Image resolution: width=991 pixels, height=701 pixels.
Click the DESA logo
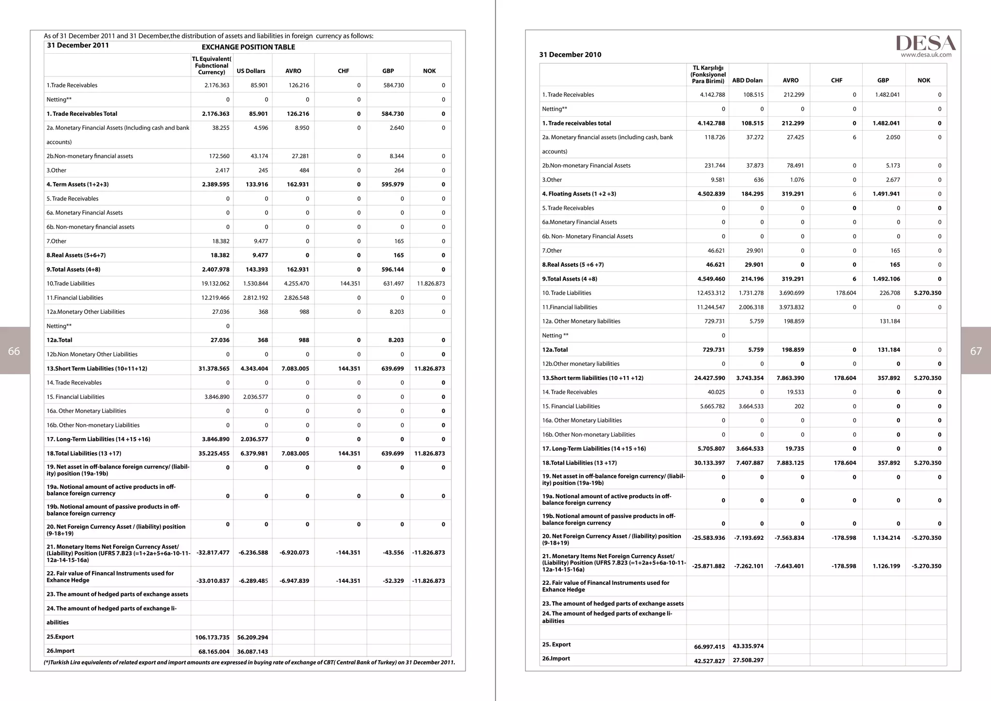[925, 43]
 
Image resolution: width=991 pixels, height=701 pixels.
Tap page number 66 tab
[15, 351]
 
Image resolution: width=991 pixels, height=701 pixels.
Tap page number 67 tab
[976, 351]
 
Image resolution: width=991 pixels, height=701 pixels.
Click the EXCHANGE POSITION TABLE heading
[248, 47]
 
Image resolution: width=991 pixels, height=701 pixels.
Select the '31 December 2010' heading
[570, 55]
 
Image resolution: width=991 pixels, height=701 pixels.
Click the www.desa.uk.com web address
[926, 55]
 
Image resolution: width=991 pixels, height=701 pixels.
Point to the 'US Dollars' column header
[251, 71]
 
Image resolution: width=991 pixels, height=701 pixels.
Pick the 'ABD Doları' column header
[747, 80]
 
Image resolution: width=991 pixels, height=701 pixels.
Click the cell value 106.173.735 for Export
[212, 638]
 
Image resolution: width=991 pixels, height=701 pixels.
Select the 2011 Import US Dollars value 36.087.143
[253, 652]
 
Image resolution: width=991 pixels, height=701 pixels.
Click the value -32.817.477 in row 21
[213, 552]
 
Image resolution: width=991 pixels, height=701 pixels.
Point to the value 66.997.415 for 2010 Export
[709, 647]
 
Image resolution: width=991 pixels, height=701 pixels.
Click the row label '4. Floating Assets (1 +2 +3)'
[579, 194]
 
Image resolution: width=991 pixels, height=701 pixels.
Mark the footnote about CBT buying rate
[249, 663]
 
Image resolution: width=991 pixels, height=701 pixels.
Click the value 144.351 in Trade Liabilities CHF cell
[350, 284]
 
